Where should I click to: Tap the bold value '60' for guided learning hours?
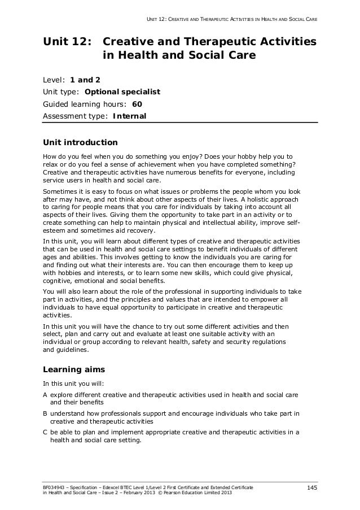[x=137, y=104]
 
